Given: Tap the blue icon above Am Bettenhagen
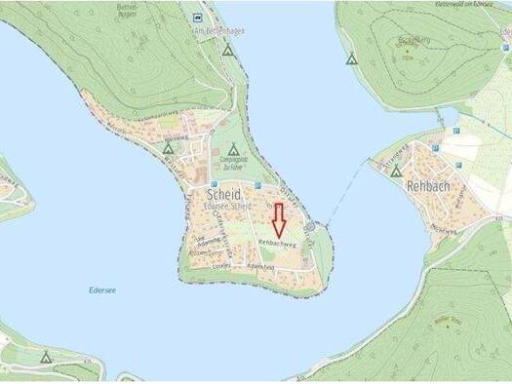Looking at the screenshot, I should pos(198,17).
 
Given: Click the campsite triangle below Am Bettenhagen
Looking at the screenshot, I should pos(227,49).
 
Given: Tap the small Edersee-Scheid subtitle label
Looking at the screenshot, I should pos(228,207).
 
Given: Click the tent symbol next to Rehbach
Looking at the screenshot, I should pos(396,171).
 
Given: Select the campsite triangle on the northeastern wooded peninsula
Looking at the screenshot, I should pos(351,58).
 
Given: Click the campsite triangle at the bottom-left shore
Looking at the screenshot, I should pos(45,357).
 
